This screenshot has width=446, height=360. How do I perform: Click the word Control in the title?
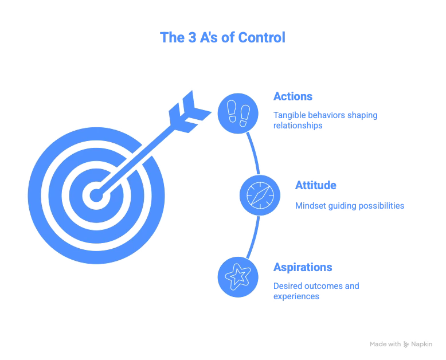click(263, 38)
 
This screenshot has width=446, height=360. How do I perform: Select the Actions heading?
click(293, 96)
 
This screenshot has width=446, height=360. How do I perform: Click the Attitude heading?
click(315, 185)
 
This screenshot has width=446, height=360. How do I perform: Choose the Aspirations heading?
click(303, 268)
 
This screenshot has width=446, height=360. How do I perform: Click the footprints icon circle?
click(236, 112)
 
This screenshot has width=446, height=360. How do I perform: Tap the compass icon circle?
click(259, 195)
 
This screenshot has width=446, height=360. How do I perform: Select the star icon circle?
click(236, 277)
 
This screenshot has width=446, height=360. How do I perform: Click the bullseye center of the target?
click(97, 195)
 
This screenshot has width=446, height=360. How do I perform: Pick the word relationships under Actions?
click(298, 126)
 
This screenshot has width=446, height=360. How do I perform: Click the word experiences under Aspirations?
click(296, 296)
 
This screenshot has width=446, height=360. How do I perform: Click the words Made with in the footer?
click(385, 344)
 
